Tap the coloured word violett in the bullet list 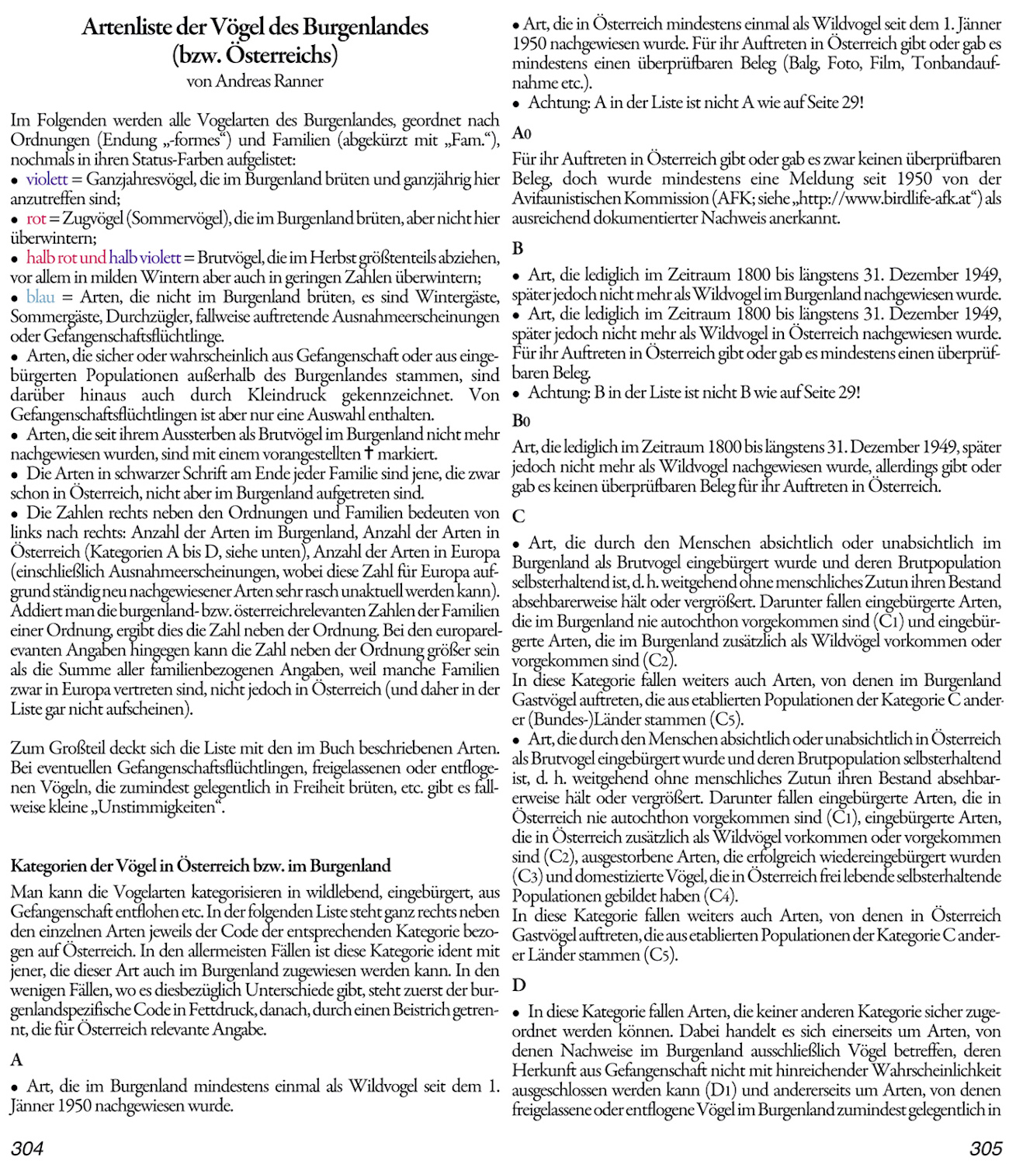[47, 179]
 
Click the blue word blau [40, 297]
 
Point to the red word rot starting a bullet [36, 219]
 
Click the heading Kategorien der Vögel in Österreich [200, 866]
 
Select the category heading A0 [522, 133]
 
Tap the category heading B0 [522, 421]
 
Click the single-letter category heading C [518, 516]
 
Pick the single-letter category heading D [518, 986]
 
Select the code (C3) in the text [529, 876]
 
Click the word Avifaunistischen [564, 199]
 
